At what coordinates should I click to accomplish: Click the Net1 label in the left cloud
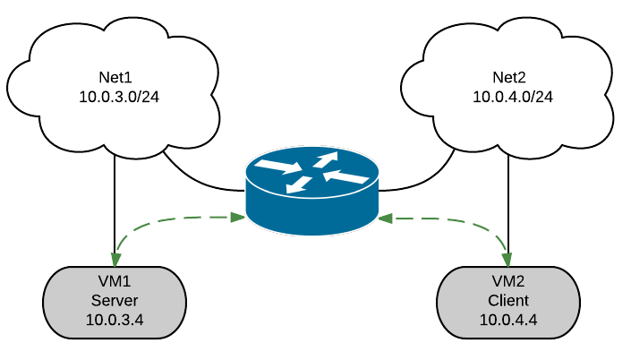pos(115,77)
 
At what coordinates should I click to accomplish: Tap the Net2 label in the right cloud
pos(510,77)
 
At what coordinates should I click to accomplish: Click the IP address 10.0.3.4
pos(115,319)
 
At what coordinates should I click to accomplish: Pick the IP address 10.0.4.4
pos(508,319)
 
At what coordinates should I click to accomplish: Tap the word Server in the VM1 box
pos(115,300)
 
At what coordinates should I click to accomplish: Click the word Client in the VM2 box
pos(508,300)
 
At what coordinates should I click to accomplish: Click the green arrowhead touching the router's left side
pos(239,217)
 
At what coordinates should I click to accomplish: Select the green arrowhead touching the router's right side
pos(385,218)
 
